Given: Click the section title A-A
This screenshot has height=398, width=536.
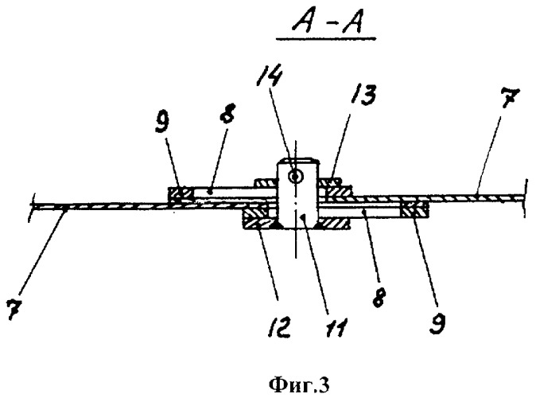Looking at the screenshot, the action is [327, 23].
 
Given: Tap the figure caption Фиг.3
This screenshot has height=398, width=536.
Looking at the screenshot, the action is [299, 385].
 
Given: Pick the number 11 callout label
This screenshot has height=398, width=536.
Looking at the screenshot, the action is [336, 326].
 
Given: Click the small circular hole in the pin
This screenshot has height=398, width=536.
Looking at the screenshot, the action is [295, 177].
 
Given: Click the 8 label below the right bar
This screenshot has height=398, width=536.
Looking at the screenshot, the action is [379, 297].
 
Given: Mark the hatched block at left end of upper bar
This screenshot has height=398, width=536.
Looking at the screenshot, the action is [181, 195].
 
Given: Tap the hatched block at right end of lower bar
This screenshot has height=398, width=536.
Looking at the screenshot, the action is [414, 210].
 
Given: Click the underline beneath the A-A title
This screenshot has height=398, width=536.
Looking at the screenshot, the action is [326, 39].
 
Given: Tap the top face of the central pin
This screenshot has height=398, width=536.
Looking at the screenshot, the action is [298, 158].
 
